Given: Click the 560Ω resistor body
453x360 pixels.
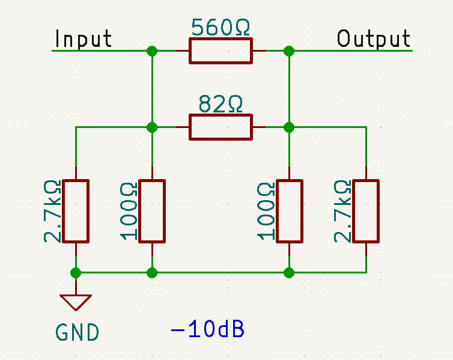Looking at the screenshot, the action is point(220,50).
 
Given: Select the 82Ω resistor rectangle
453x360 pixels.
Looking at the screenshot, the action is point(220,127).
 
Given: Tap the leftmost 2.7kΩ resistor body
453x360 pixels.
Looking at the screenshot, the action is point(76,211).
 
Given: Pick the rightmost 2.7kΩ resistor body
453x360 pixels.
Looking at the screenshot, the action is point(366,211).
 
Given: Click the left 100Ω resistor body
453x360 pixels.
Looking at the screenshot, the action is point(152,211).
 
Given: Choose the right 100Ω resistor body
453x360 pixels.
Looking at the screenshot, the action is point(290,211).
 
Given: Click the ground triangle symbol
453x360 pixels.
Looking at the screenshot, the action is point(76,302).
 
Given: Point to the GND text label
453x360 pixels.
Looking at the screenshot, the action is point(77,332).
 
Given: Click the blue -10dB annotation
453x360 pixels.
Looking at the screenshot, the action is point(208,329).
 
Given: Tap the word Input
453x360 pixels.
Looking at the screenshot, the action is point(83,38).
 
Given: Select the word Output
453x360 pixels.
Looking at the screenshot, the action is point(374,38).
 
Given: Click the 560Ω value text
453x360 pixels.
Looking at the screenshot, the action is point(220,27).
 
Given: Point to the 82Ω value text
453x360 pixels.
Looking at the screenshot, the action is point(220,104).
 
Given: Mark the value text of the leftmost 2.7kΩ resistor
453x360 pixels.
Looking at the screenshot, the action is point(52,211).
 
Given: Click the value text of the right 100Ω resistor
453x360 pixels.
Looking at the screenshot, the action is point(266,211).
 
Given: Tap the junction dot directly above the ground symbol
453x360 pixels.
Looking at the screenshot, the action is point(76,273).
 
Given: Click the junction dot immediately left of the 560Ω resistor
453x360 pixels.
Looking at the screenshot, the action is point(152,51).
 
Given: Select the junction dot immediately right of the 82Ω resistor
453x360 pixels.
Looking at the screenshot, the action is point(289,127).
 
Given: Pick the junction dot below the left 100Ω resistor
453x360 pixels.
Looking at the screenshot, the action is point(152,273).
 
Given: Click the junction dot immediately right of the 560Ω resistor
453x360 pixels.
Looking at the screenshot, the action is point(289,51).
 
